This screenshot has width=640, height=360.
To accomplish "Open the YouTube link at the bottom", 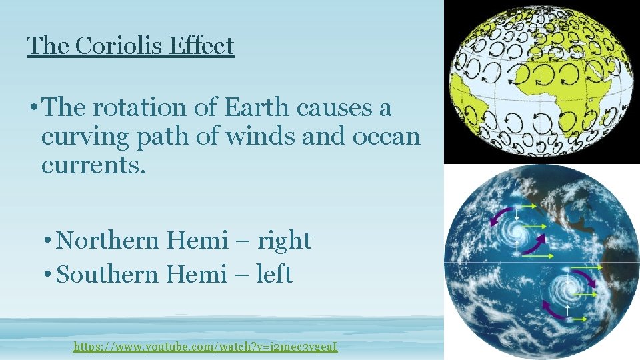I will tap(205, 347).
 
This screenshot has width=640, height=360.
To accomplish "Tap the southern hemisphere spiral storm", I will tap(567, 289).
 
